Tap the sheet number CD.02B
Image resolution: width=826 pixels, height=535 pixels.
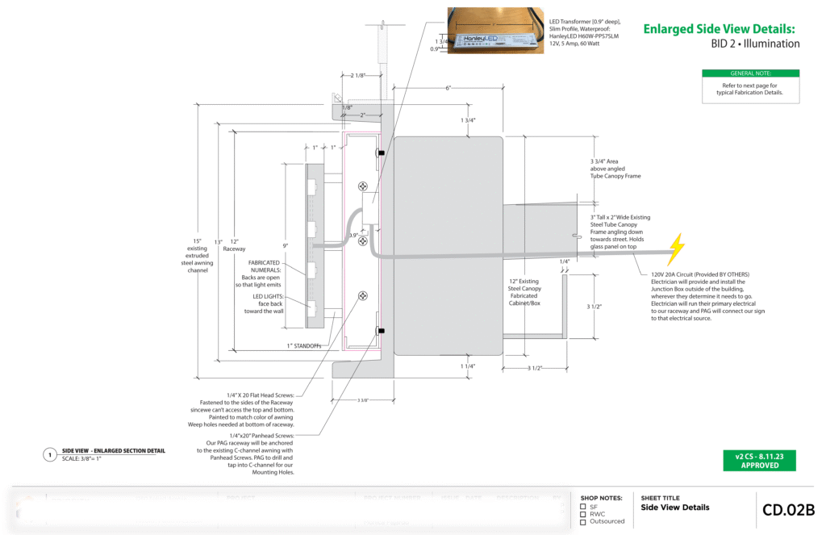click(788, 509)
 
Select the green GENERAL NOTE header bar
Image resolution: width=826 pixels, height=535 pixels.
click(750, 73)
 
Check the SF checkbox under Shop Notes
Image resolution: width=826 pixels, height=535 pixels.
click(583, 507)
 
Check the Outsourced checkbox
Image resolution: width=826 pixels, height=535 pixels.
click(583, 521)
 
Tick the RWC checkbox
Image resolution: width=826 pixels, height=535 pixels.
click(583, 514)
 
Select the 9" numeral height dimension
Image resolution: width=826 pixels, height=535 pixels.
click(284, 245)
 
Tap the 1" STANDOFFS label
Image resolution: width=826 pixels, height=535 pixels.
click(305, 346)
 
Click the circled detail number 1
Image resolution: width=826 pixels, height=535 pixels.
click(49, 455)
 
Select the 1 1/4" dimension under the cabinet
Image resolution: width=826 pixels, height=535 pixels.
click(467, 366)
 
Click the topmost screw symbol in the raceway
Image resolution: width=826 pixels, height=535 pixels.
click(363, 186)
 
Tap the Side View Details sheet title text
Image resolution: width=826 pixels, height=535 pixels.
click(675, 508)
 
